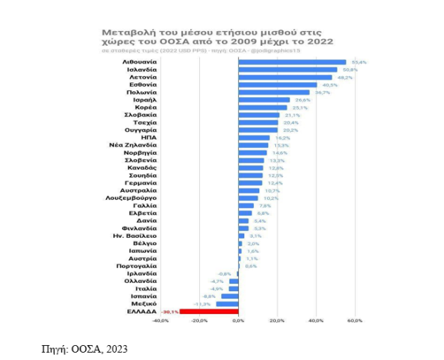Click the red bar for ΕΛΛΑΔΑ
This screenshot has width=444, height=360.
[x=209, y=312]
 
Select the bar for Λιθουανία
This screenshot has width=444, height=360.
[x=292, y=62]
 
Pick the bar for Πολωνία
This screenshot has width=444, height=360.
[x=274, y=93]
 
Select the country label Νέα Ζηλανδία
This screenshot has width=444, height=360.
[x=137, y=145]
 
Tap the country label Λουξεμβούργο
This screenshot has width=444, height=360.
[x=134, y=199]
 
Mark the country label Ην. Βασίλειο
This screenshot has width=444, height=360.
[x=137, y=236]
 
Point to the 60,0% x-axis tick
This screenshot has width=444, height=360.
[x=354, y=321]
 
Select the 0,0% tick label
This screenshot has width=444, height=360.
[x=238, y=321]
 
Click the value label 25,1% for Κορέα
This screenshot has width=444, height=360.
[x=300, y=107]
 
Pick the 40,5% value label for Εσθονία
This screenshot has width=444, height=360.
[x=330, y=85]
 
